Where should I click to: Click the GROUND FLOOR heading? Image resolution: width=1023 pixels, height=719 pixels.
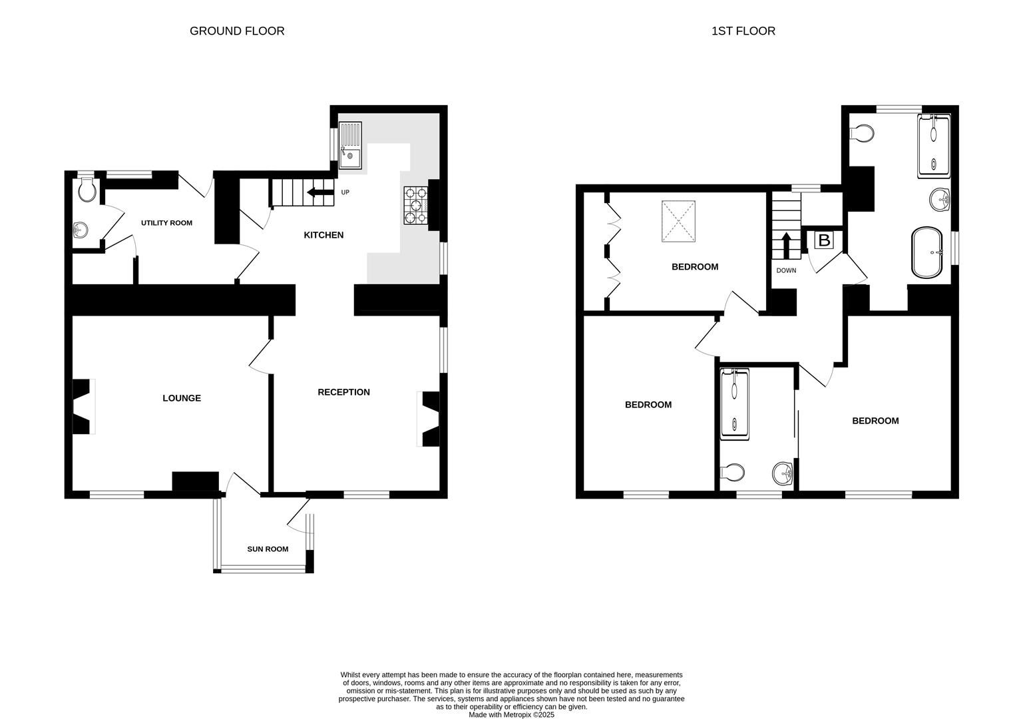(x=237, y=31)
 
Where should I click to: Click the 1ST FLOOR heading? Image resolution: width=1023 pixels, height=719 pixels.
(x=743, y=31)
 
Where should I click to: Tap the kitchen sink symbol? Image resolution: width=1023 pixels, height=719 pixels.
(x=349, y=145)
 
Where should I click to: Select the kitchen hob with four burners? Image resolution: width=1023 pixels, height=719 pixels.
(x=416, y=205)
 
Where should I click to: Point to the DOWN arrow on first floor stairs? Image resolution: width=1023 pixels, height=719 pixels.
(x=785, y=245)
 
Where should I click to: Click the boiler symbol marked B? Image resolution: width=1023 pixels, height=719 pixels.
(x=823, y=240)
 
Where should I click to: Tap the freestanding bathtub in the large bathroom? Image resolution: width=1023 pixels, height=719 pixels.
(x=926, y=252)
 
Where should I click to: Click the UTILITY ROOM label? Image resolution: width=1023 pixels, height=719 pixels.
(x=166, y=222)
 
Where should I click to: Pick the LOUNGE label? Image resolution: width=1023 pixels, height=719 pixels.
(x=182, y=398)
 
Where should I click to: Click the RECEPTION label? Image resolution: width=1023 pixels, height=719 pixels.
(x=343, y=392)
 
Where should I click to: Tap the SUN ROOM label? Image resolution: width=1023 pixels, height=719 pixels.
(x=268, y=549)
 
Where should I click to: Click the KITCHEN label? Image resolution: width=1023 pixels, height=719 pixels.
(x=323, y=235)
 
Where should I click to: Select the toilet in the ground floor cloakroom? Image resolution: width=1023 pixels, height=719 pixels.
(x=87, y=190)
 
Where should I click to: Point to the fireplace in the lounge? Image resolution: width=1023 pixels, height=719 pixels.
(x=83, y=407)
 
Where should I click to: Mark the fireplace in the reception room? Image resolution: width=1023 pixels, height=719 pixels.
(x=430, y=419)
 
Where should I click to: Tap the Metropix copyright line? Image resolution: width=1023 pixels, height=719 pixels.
(x=511, y=715)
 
